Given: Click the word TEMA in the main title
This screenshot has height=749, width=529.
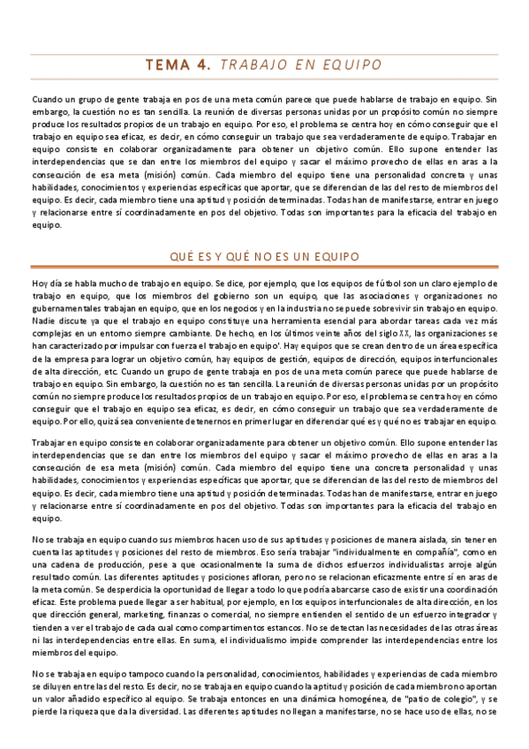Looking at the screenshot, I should coord(170,64).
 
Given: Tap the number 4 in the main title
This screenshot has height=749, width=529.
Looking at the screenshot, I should coord(205,64).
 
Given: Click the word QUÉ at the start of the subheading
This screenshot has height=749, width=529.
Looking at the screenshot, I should coord(180,256).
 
